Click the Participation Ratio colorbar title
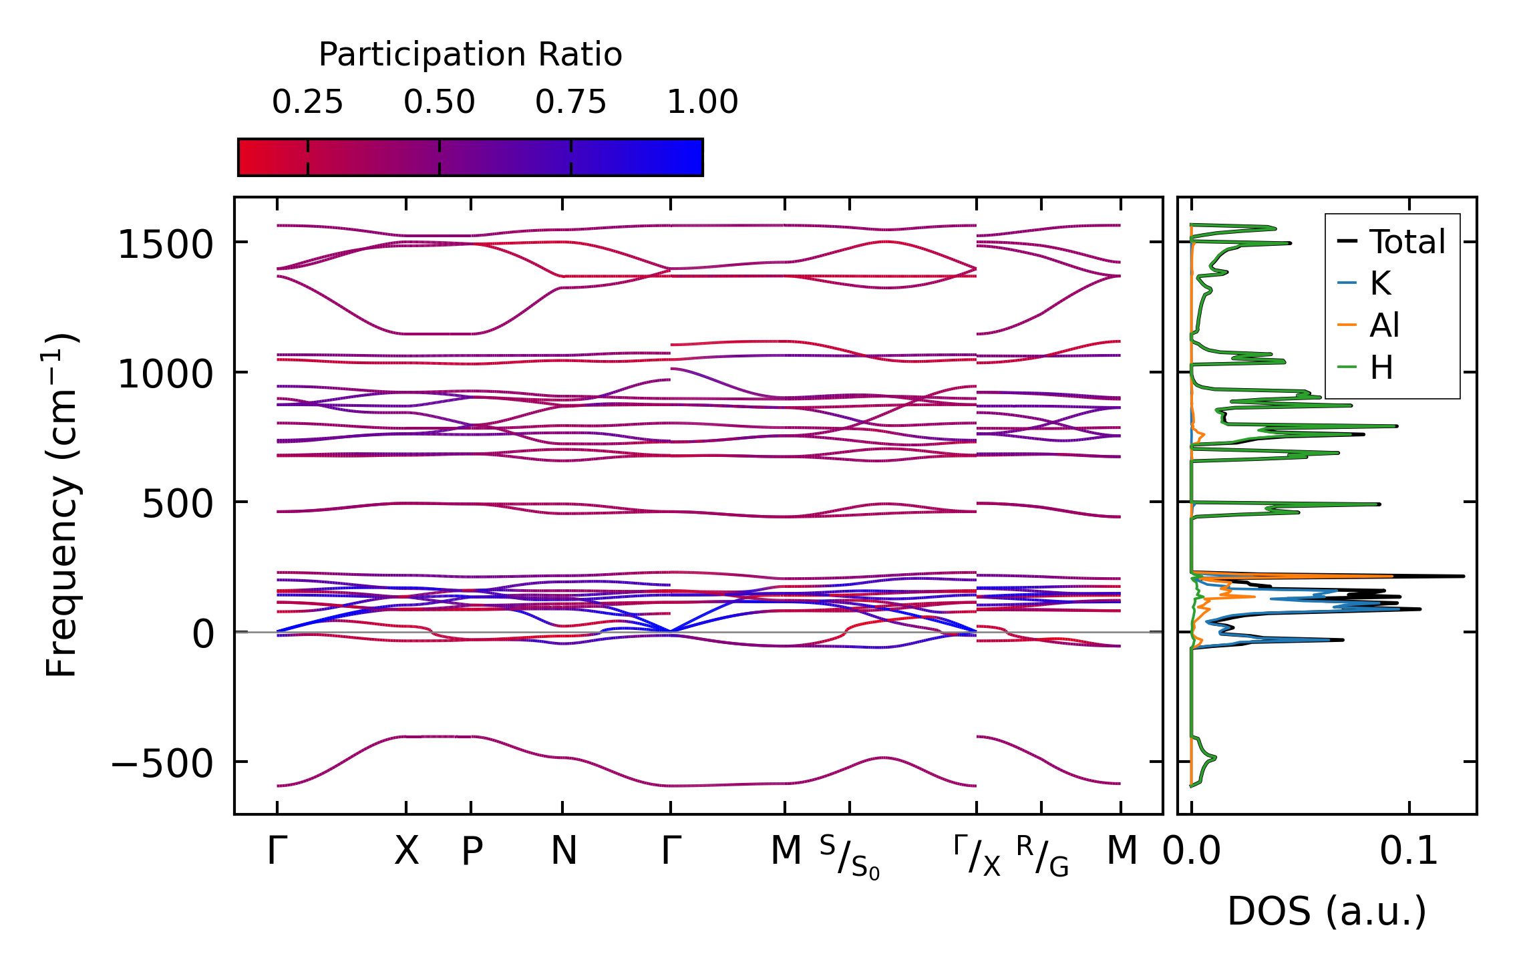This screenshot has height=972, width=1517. point(470,55)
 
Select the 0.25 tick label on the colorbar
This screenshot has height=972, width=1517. point(307,102)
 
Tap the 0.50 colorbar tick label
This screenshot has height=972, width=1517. point(439,102)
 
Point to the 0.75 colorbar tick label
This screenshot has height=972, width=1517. point(570,102)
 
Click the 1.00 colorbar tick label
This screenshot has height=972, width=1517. point(702,102)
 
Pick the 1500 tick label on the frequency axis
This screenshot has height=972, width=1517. point(165,245)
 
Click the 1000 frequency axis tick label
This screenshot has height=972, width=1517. point(165,374)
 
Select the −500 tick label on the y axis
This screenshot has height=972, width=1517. point(162,764)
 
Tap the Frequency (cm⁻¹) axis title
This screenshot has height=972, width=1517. point(62,505)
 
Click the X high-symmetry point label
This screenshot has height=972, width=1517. point(406,851)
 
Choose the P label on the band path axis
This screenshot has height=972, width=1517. point(472,852)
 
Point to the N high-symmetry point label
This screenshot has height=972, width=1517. point(563,851)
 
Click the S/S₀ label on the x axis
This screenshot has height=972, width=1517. point(850,857)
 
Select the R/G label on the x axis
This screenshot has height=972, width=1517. point(1042,856)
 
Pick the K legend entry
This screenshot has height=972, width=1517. point(1380,284)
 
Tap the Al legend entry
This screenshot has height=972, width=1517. point(1384,326)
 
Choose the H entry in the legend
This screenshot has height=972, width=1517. point(1381,368)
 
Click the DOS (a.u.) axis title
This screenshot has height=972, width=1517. point(1327,912)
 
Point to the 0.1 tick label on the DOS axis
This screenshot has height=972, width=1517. point(1409,852)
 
